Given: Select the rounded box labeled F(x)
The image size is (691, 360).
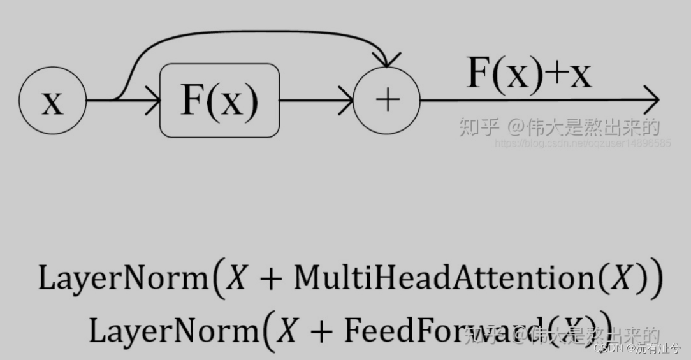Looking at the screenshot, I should pos(219,101).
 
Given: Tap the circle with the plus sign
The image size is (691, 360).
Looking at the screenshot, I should pos(387,101).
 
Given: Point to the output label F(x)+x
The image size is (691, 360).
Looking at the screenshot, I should pos(529,73).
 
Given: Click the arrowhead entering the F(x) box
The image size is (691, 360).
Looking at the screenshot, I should pos(152,101).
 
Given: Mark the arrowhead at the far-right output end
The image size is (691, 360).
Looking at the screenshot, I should pos(651,101).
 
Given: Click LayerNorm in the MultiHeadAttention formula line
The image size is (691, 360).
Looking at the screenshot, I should pos(119,279).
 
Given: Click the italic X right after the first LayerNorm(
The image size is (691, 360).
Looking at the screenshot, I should pos(236,279).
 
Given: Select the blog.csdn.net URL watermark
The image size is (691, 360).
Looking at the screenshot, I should pos(583,143).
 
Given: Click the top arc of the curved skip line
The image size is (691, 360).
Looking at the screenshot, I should pos(255,30).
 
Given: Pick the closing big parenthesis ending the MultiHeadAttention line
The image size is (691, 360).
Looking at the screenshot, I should pos(657,280).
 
